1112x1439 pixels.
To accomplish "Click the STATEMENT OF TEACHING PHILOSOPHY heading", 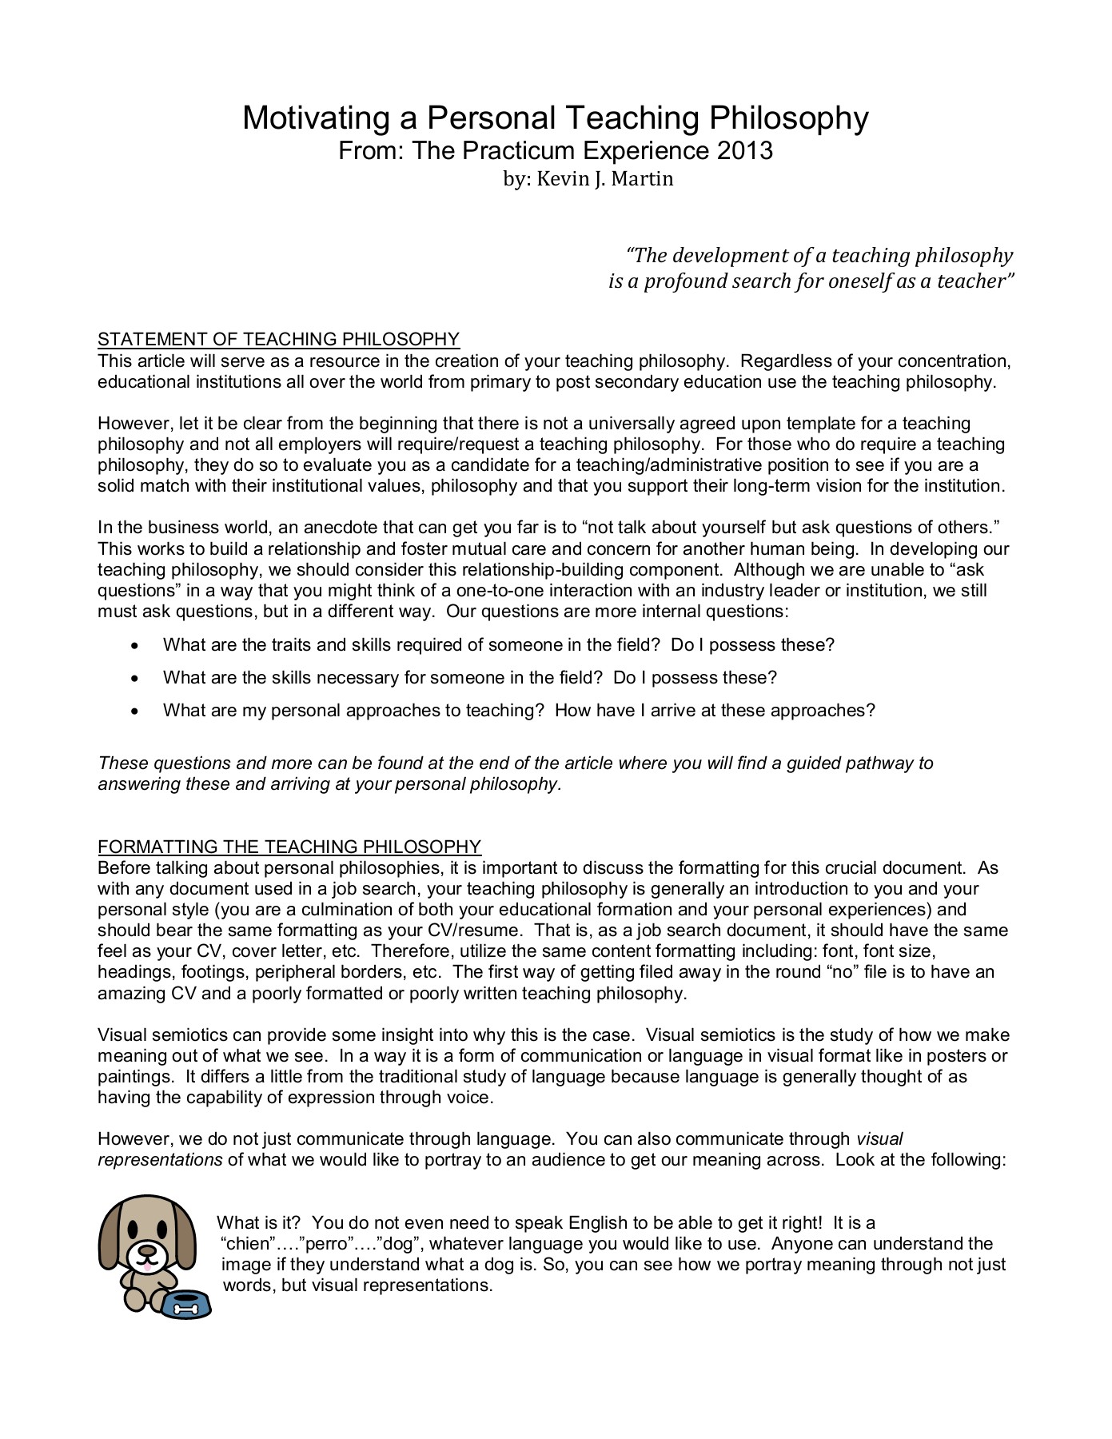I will click(278, 339).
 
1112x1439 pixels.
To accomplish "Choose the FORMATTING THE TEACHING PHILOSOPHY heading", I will click(289, 847).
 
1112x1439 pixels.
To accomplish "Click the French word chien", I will click(246, 1244).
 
